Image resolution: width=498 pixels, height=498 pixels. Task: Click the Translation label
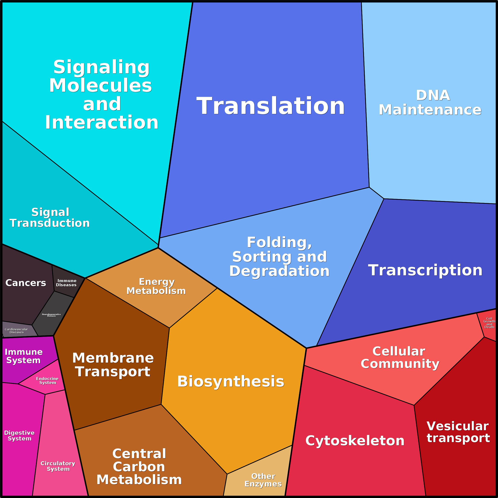(x=271, y=106)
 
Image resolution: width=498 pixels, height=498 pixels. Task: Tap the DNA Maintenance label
(x=430, y=102)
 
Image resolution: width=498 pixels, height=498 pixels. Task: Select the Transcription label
(x=425, y=270)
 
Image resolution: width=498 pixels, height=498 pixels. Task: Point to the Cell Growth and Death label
(x=489, y=323)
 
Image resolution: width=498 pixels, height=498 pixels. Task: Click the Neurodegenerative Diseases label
(x=52, y=315)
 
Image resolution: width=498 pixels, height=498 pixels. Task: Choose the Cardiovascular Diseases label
(x=16, y=331)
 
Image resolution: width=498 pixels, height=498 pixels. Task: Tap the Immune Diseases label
(x=66, y=283)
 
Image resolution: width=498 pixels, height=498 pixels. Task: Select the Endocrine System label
(x=47, y=380)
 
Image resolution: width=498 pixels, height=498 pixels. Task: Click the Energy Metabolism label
(x=156, y=286)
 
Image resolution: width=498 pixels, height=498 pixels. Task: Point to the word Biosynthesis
(x=231, y=382)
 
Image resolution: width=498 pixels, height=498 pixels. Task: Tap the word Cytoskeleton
(x=355, y=441)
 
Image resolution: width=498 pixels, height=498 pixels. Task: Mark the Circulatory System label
(x=58, y=466)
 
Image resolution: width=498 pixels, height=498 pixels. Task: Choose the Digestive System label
(x=19, y=436)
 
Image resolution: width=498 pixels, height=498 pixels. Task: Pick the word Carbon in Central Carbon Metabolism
(x=139, y=467)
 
